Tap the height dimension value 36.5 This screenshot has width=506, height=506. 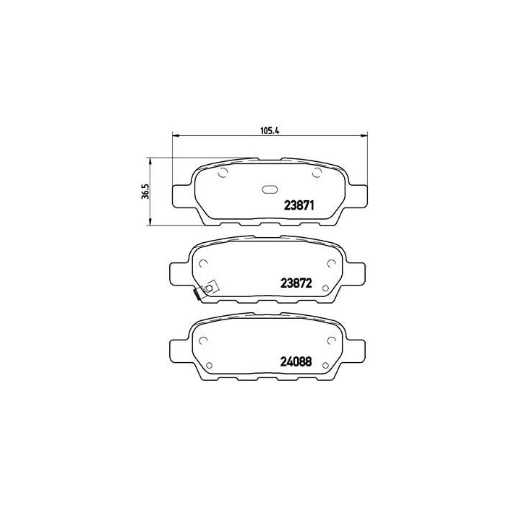tap(145, 191)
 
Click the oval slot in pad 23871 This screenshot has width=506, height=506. tap(269, 191)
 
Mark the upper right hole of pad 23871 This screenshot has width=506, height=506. tap(315, 173)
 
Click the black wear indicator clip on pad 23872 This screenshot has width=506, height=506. tap(198, 294)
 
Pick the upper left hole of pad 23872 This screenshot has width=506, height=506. tap(205, 262)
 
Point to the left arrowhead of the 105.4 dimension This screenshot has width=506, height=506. tap(174, 135)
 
